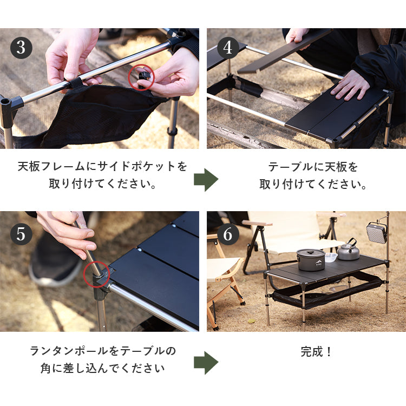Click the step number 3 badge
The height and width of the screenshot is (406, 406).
click(21, 48)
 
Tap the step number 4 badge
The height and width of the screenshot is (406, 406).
click(228, 48)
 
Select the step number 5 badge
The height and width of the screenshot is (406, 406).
click(21, 234)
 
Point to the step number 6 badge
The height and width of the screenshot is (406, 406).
click(228, 234)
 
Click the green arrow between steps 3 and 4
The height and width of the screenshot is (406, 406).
click(206, 180)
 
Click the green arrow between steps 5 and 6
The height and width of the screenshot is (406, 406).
click(206, 363)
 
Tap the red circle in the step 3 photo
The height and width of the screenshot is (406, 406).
click(142, 65)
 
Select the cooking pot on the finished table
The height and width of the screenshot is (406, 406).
click(311, 260)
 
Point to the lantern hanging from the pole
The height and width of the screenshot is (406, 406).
click(376, 232)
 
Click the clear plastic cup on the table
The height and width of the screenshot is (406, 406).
click(331, 257)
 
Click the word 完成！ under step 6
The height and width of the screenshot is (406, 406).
click(316, 352)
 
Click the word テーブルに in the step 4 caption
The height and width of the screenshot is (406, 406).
click(296, 167)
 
